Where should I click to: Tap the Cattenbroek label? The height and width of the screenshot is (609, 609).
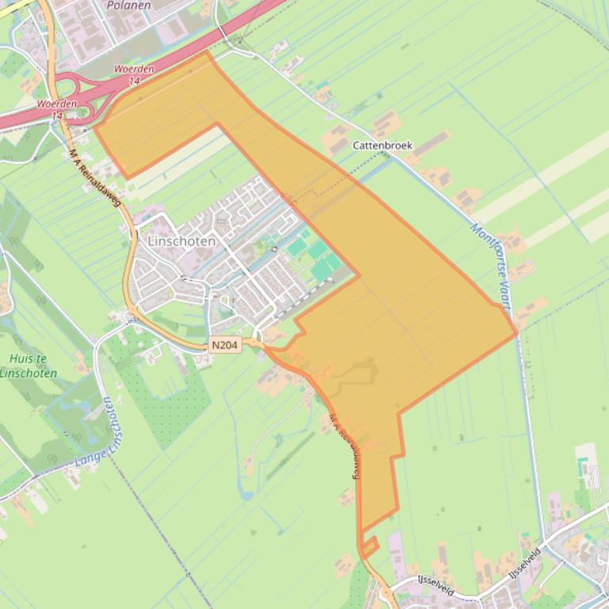383,146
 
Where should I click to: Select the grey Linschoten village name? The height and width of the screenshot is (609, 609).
181,240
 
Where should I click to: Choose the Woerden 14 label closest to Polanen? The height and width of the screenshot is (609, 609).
134,74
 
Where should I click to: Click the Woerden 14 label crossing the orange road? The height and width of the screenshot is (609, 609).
58,109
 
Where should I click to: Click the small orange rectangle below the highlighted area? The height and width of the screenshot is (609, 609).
369,546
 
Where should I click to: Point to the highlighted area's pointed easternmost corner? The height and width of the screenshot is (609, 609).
516,332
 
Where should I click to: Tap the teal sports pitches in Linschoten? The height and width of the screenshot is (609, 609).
317,257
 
